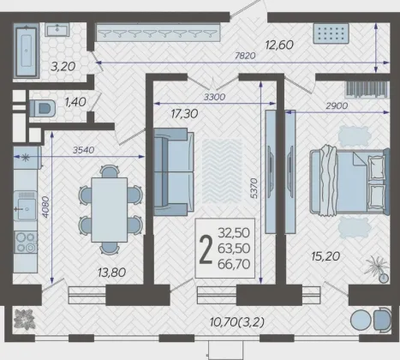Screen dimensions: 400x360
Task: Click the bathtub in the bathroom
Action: click(27, 51)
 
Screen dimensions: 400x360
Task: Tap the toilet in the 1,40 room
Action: click(43, 108)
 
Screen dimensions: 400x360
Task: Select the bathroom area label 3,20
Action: click(63, 67)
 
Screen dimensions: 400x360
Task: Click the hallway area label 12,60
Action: click(279, 45)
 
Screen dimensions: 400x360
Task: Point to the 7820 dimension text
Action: click(245, 56)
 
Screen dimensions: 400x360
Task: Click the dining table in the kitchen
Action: click(110, 210)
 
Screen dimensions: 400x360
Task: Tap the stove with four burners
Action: click(26, 243)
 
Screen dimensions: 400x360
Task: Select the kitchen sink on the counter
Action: click(26, 206)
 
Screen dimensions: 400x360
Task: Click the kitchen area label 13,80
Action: click(111, 273)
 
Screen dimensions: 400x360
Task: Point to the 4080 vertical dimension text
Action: click(45, 207)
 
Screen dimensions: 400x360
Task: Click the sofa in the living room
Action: click(174, 171)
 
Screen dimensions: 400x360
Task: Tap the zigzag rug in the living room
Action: click(222, 171)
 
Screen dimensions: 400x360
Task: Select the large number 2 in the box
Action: click(206, 249)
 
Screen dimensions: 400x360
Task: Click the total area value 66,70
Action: click(234, 264)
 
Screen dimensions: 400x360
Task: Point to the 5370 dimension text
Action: click(254, 189)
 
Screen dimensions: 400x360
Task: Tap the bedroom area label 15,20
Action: click(325, 256)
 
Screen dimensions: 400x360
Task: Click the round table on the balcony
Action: click(361, 321)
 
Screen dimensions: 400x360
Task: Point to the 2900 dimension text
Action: click(337, 105)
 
